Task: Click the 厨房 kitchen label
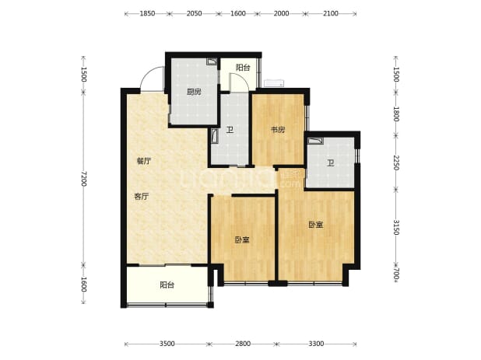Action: (194, 92)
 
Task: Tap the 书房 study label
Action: (278, 130)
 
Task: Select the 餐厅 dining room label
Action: (144, 161)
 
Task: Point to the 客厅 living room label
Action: (142, 197)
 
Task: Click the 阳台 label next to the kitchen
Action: (243, 68)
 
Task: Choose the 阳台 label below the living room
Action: (167, 285)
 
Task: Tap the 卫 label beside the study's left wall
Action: (230, 130)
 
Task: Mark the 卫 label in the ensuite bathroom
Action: (330, 163)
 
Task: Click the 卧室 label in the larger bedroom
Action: (316, 225)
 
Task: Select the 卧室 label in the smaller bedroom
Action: (242, 240)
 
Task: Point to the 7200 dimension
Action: (84, 179)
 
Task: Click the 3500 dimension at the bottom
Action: (167, 344)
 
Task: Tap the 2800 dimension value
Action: (243, 344)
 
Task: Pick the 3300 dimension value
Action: (316, 344)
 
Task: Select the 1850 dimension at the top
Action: (147, 13)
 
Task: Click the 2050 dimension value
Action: (194, 13)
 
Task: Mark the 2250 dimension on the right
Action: (396, 163)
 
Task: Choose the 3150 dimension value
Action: (396, 227)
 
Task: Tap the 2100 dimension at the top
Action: (331, 13)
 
